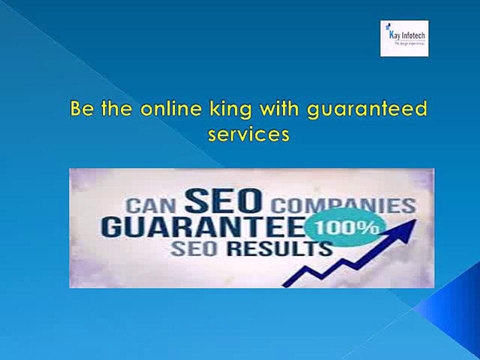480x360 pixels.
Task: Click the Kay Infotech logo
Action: (x=404, y=38)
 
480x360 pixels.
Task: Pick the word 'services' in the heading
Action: (x=248, y=134)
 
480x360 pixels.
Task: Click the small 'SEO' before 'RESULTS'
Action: (x=190, y=248)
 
